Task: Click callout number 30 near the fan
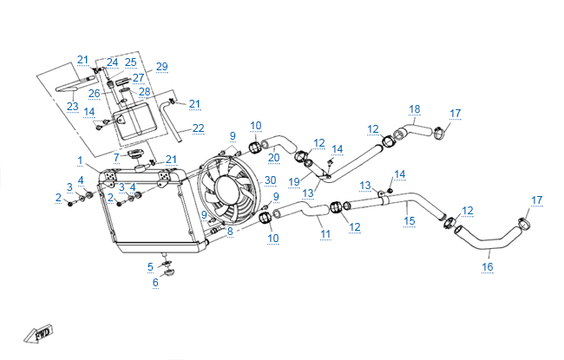(270, 180)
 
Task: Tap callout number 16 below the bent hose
(487, 266)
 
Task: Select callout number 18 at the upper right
(415, 108)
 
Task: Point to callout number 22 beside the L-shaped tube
(198, 128)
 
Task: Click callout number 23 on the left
(73, 106)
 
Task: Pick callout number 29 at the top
(161, 67)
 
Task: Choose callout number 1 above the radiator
(80, 160)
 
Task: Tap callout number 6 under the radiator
(156, 282)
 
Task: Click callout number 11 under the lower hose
(325, 233)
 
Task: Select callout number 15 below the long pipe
(410, 220)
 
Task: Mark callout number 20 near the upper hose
(273, 157)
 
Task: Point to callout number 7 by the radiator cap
(115, 156)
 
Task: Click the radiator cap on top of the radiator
(135, 154)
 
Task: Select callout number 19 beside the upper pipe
(295, 182)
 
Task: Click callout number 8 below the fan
(230, 232)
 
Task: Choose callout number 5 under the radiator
(150, 265)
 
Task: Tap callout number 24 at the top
(113, 62)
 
